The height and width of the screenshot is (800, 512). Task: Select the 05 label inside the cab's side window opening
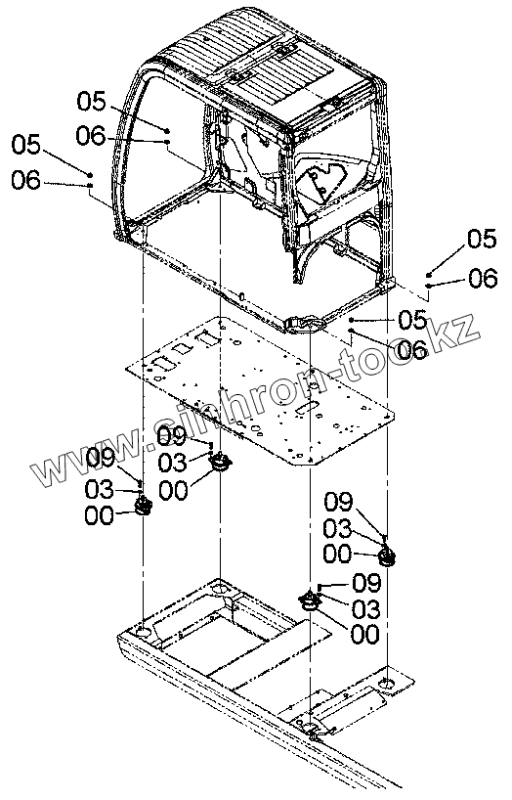91,101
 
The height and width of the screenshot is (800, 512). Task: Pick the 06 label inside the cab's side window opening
91,136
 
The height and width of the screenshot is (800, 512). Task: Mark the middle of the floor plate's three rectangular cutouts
181,350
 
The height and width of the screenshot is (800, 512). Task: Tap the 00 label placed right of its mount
365,634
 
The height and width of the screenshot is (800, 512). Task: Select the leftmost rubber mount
144,507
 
